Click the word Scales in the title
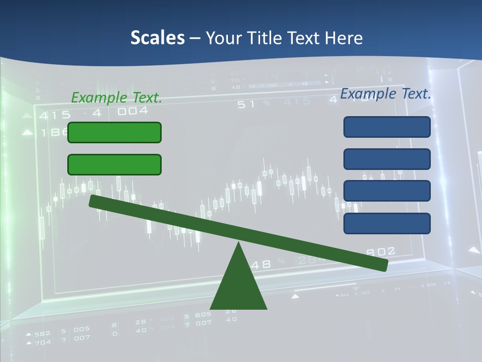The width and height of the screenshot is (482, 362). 157,38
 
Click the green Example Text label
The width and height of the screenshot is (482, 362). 116,98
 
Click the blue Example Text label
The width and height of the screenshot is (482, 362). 386,94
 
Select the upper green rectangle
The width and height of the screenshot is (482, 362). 114,132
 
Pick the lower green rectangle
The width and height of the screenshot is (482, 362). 114,164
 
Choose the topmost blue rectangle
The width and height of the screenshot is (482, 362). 387,127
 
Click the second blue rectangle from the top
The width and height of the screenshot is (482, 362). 387,159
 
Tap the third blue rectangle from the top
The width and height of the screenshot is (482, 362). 387,191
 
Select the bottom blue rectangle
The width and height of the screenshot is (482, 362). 387,223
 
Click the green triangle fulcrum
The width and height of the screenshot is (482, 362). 238,287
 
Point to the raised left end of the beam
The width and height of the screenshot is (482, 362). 93,201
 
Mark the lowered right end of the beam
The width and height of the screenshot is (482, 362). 384,265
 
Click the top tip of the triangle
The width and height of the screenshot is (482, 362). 239,244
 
